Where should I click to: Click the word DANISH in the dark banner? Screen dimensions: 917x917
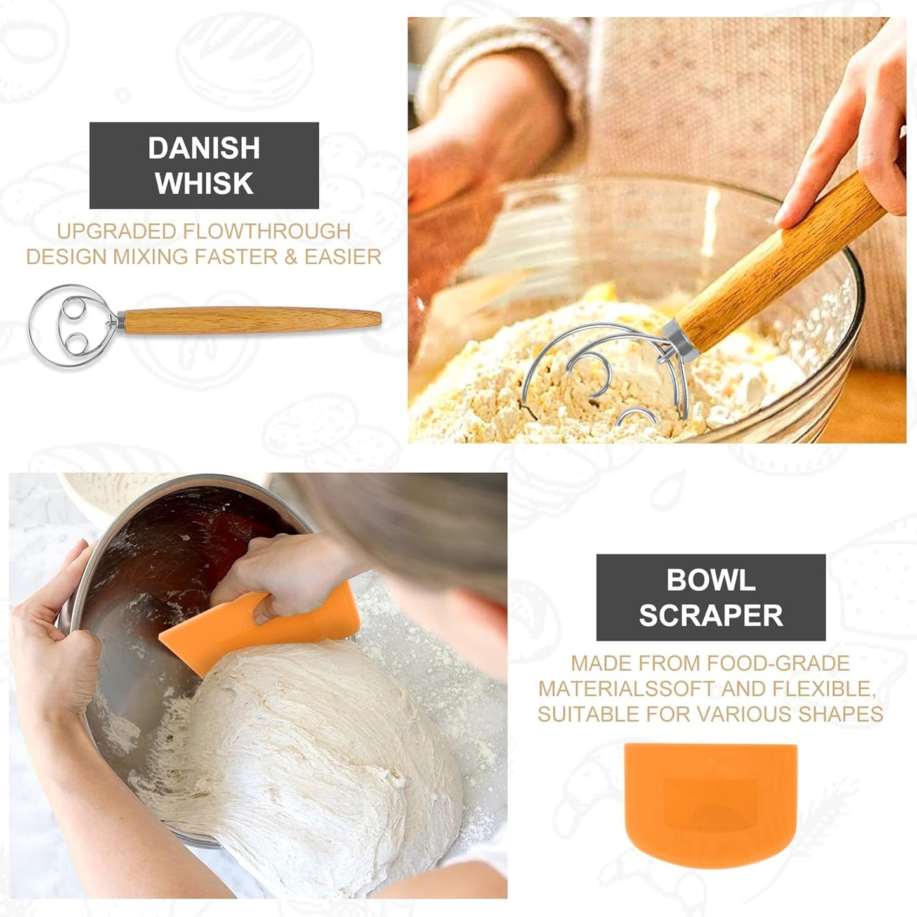[204, 148]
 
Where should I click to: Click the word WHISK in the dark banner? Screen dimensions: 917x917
[204, 183]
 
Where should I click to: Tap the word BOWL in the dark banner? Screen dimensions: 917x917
[711, 580]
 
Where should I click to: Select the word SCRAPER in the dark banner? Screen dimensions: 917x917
[711, 616]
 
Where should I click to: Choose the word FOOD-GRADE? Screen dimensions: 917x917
[778, 663]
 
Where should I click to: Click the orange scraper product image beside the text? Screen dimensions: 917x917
[711, 803]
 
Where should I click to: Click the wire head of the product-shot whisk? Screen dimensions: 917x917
[70, 326]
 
